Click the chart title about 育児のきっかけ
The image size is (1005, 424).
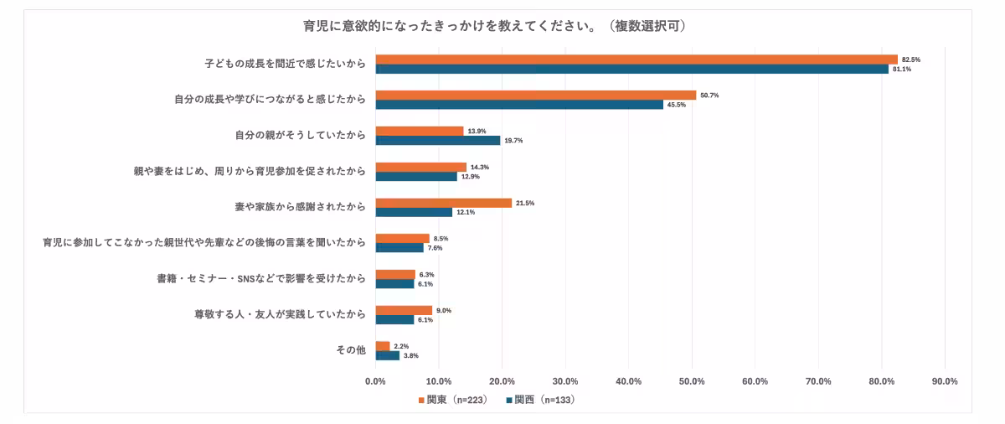(x=495, y=26)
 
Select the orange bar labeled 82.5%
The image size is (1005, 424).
(x=636, y=59)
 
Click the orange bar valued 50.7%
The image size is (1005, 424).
(x=536, y=96)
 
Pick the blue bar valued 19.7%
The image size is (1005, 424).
(x=438, y=141)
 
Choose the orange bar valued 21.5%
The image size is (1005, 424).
(x=444, y=203)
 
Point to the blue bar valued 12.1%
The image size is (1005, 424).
(x=414, y=213)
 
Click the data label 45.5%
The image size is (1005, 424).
(x=677, y=105)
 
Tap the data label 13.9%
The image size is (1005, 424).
(x=477, y=132)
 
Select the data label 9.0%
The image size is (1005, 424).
(x=445, y=311)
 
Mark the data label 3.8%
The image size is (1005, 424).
(x=412, y=356)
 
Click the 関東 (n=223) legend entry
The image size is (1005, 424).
(x=452, y=401)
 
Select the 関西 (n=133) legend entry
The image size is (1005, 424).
(x=540, y=401)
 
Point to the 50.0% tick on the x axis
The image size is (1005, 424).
(x=692, y=381)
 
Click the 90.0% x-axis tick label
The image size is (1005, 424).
(x=945, y=381)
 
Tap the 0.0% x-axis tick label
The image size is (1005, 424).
(x=375, y=381)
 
